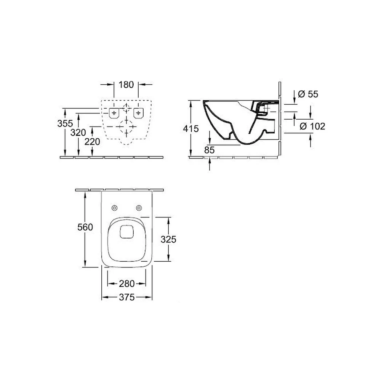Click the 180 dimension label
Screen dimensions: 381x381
126,85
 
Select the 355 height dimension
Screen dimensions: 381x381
65,123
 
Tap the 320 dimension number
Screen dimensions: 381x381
78,133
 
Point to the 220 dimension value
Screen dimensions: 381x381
92,142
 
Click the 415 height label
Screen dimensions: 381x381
191,129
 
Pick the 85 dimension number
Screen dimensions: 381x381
209,150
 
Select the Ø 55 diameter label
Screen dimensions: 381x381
308,94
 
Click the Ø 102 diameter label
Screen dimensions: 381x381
312,126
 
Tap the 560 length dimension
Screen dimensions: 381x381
85,227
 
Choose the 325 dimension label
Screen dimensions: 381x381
168,240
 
